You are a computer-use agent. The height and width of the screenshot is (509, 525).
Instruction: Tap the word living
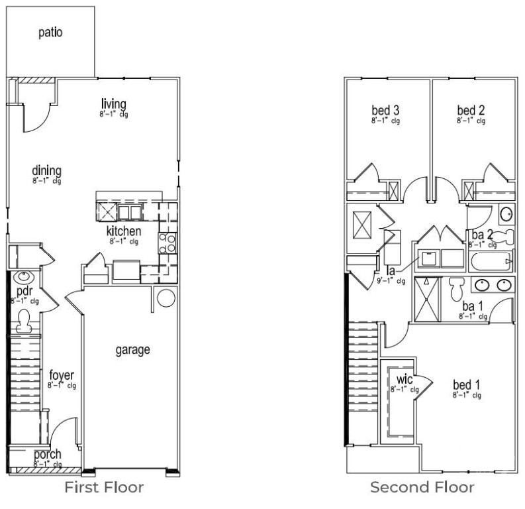pos(113,104)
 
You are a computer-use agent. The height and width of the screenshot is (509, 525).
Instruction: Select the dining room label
pos(46,171)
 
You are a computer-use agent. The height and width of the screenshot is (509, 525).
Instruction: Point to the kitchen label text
pos(124,231)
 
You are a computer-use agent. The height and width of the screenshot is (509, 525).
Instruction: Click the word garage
pos(132,349)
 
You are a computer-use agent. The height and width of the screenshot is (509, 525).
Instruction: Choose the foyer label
pos(62,375)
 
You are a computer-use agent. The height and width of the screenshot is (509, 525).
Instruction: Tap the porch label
pos(47,455)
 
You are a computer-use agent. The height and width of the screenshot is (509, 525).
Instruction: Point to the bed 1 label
pos(466,385)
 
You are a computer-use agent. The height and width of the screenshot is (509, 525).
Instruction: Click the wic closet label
pos(405,379)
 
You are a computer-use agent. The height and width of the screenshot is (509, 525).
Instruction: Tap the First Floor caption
pos(104,488)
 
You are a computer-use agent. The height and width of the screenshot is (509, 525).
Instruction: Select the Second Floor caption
pos(422,488)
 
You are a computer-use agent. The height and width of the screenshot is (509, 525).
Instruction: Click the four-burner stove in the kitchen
pos(168,243)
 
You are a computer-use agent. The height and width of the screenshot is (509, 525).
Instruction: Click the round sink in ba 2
pos(505,213)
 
